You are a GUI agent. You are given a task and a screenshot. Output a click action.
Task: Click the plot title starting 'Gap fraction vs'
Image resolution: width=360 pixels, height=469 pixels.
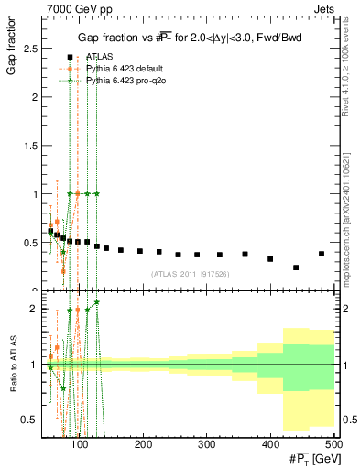[x=189, y=37]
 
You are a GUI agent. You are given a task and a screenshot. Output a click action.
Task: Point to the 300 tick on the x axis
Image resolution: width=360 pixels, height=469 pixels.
[x=207, y=444]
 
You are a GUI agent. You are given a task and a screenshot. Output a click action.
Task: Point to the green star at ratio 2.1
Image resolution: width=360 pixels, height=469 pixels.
[x=96, y=302]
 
